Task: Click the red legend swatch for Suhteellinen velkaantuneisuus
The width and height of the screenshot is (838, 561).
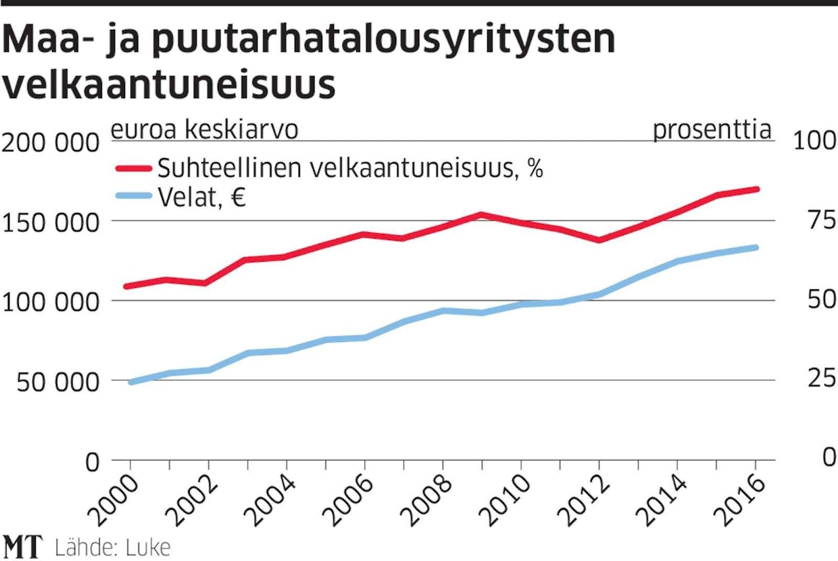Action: pos(133,168)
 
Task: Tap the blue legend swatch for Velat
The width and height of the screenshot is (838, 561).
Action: pos(133,197)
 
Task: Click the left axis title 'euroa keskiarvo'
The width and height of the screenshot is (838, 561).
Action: pos(204,130)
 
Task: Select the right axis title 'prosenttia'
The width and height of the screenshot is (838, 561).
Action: pos(712,130)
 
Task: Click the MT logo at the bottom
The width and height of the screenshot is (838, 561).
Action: pos(23,546)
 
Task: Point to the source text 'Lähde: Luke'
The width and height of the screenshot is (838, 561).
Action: pos(112,547)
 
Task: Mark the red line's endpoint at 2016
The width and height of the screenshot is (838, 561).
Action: pos(756,189)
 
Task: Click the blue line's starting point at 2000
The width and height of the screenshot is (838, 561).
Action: pos(130,383)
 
